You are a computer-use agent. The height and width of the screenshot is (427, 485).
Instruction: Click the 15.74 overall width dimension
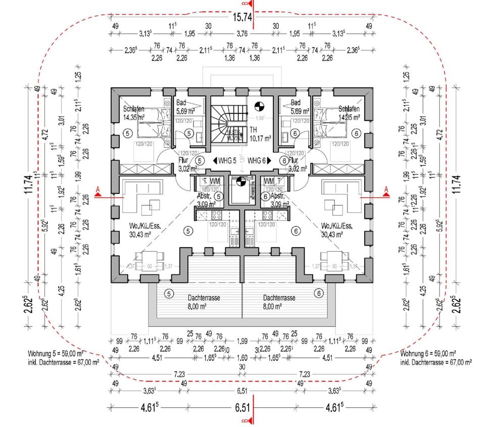click(243, 17)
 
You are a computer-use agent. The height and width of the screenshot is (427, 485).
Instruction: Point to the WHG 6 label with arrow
click(259, 161)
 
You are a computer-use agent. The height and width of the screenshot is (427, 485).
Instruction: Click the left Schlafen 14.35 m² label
click(134, 113)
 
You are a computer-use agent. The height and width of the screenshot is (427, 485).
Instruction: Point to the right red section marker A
click(386, 190)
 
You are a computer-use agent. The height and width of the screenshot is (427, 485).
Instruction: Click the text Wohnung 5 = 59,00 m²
click(56, 354)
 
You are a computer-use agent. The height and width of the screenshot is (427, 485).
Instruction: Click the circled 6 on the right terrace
click(319, 293)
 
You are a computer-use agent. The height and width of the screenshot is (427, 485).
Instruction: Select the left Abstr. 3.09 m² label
click(206, 201)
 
